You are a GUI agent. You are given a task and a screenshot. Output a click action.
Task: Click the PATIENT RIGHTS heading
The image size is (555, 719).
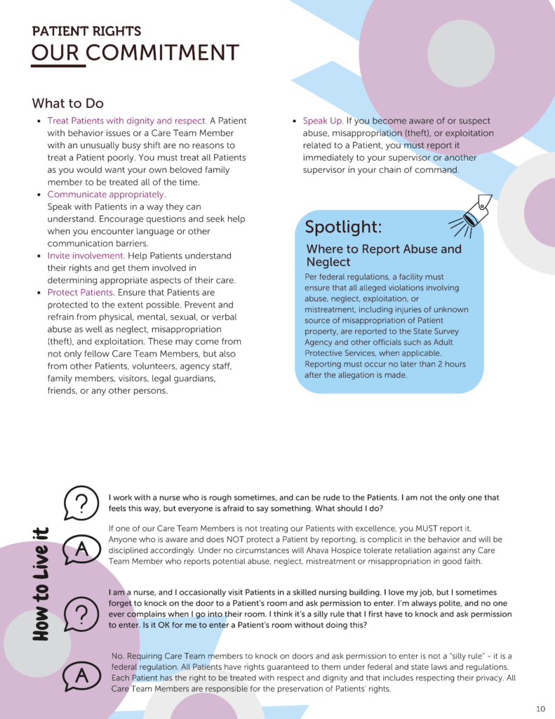pos(86,32)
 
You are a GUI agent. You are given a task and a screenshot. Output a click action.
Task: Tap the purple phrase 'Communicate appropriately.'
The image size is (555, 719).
pos(106,194)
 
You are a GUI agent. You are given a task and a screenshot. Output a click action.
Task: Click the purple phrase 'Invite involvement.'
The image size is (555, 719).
pos(86,256)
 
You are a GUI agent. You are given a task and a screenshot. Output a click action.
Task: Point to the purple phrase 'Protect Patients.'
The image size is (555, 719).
pos(81,292)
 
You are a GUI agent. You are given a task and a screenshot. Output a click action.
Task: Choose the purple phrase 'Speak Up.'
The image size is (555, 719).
pos(322,121)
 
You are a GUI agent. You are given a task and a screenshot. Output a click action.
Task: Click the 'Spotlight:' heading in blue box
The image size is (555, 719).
pos(343,227)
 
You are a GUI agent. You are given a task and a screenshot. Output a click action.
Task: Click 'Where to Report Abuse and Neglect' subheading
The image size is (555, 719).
pos(383,256)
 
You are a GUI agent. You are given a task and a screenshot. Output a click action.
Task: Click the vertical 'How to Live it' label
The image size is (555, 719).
pos(41,583)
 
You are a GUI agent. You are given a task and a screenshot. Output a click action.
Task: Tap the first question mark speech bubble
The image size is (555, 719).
pos(81,503)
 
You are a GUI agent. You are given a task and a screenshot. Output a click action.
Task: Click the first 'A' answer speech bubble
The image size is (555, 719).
pos(81,550)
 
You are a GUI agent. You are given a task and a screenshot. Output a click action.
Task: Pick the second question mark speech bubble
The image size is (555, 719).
pos(81,614)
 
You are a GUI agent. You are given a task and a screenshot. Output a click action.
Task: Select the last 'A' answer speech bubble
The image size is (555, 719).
pos(81,676)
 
